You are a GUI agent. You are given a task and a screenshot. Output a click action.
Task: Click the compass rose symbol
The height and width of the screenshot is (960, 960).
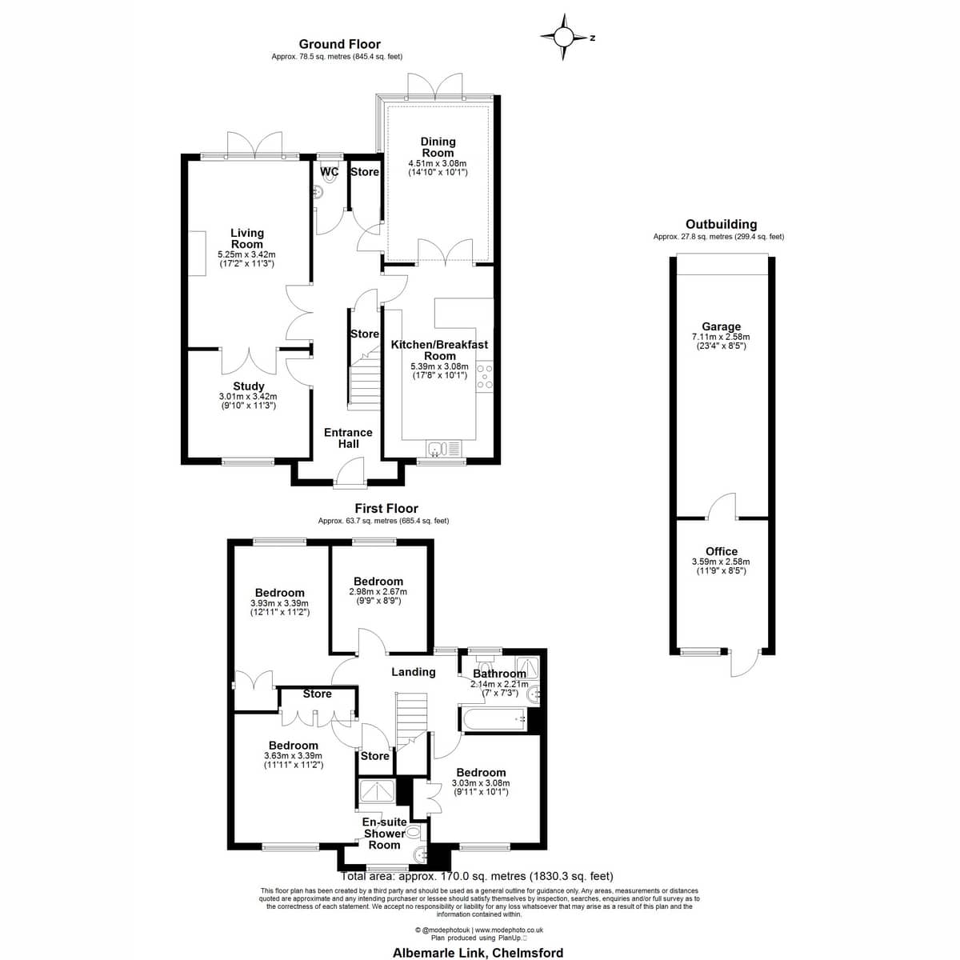pos(564,37)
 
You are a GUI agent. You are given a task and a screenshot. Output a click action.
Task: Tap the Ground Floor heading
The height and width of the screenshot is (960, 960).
pos(340,44)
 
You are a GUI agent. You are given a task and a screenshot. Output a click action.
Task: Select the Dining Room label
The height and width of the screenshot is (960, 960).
pos(438,147)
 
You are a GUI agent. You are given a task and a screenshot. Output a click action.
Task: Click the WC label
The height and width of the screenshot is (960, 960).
pos(330,172)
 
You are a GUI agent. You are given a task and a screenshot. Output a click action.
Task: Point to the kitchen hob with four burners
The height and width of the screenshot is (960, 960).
pos(485,377)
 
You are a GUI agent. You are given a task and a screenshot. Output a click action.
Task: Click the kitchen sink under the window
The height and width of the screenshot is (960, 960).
pos(444,448)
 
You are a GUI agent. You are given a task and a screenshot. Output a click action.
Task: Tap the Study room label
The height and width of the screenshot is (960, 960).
pos(249,386)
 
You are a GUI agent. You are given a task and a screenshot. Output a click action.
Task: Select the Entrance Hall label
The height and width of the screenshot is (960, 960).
pos(348,438)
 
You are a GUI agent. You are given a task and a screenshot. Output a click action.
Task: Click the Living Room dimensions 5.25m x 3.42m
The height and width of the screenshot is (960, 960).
pos(246,254)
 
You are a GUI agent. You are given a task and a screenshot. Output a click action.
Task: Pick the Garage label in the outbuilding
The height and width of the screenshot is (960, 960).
pos(721,327)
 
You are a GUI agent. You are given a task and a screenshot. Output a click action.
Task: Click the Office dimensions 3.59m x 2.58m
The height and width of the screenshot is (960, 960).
pos(721,562)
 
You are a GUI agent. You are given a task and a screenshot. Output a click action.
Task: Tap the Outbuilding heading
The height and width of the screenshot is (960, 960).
pos(721,224)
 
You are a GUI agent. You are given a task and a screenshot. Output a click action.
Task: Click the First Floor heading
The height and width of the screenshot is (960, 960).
pos(386,508)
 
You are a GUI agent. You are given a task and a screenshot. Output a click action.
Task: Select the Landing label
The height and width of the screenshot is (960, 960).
pos(413,672)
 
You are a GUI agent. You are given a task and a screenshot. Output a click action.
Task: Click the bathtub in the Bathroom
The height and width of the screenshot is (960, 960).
pos(494,718)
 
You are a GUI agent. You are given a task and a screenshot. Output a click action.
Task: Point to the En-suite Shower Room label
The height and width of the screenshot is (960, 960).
pos(384,834)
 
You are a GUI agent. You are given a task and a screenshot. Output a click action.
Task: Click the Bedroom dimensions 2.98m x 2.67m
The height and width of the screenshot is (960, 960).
pos(378,592)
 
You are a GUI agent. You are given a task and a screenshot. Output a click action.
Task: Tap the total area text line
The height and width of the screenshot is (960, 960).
pos(477,876)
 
